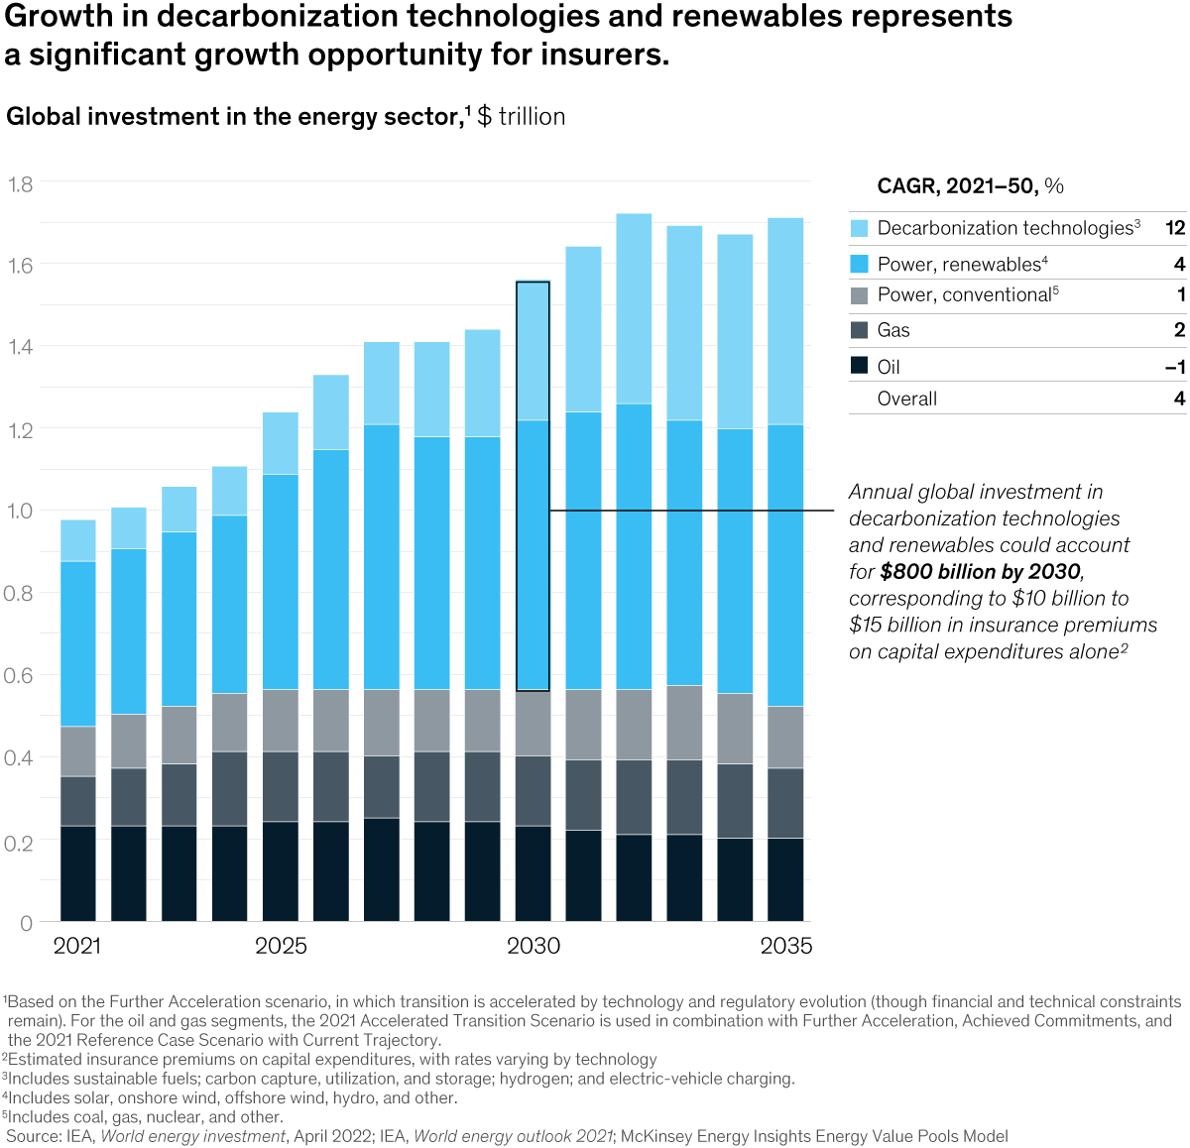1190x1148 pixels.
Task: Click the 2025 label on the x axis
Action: [x=281, y=946]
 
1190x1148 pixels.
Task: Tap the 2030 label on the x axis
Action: [x=534, y=946]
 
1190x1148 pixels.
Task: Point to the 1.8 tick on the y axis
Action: [x=20, y=184]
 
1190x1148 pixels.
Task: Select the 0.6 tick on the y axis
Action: [x=20, y=676]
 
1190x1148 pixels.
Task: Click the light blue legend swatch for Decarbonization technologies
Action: [x=860, y=228]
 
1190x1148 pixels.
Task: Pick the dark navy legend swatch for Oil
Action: [x=860, y=366]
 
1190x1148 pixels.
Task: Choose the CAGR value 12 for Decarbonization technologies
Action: [x=1175, y=228]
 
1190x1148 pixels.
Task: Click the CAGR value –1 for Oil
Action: [x=1175, y=367]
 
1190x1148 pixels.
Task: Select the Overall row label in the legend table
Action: [x=906, y=399]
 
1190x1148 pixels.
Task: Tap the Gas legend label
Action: [x=893, y=330]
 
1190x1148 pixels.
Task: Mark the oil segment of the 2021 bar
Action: [x=78, y=873]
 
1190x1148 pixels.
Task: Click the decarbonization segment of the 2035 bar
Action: [x=785, y=321]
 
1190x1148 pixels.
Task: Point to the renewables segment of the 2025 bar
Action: [x=281, y=582]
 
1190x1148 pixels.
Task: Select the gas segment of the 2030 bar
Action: [x=534, y=791]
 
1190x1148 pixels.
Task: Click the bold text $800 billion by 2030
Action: [x=979, y=572]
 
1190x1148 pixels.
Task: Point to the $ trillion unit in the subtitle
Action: [x=521, y=117]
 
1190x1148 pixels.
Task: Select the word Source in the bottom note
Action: [x=34, y=1136]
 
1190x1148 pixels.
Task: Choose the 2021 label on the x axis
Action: [x=77, y=946]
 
